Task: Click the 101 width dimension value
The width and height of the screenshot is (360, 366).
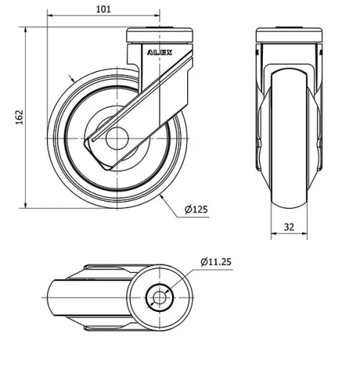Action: click(x=103, y=9)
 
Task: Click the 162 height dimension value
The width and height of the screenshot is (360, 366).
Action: click(x=19, y=117)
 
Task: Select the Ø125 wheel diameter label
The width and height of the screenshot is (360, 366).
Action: click(x=196, y=210)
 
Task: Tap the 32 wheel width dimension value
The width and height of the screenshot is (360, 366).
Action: click(x=289, y=226)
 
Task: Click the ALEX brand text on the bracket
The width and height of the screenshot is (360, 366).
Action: click(x=160, y=53)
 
